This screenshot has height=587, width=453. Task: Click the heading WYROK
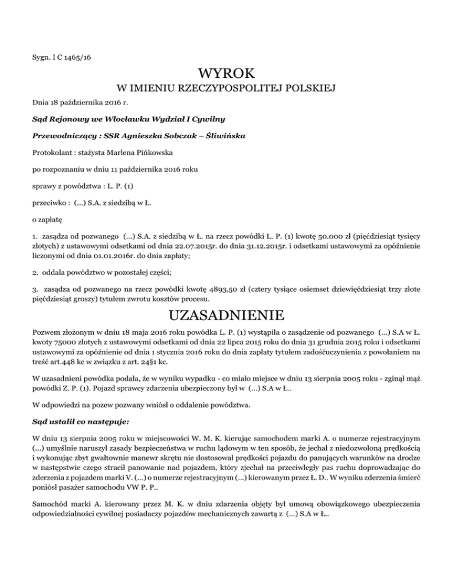pyautogui.click(x=226, y=75)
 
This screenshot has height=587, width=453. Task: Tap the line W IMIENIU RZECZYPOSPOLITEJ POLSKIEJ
pyautogui.click(x=226, y=90)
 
